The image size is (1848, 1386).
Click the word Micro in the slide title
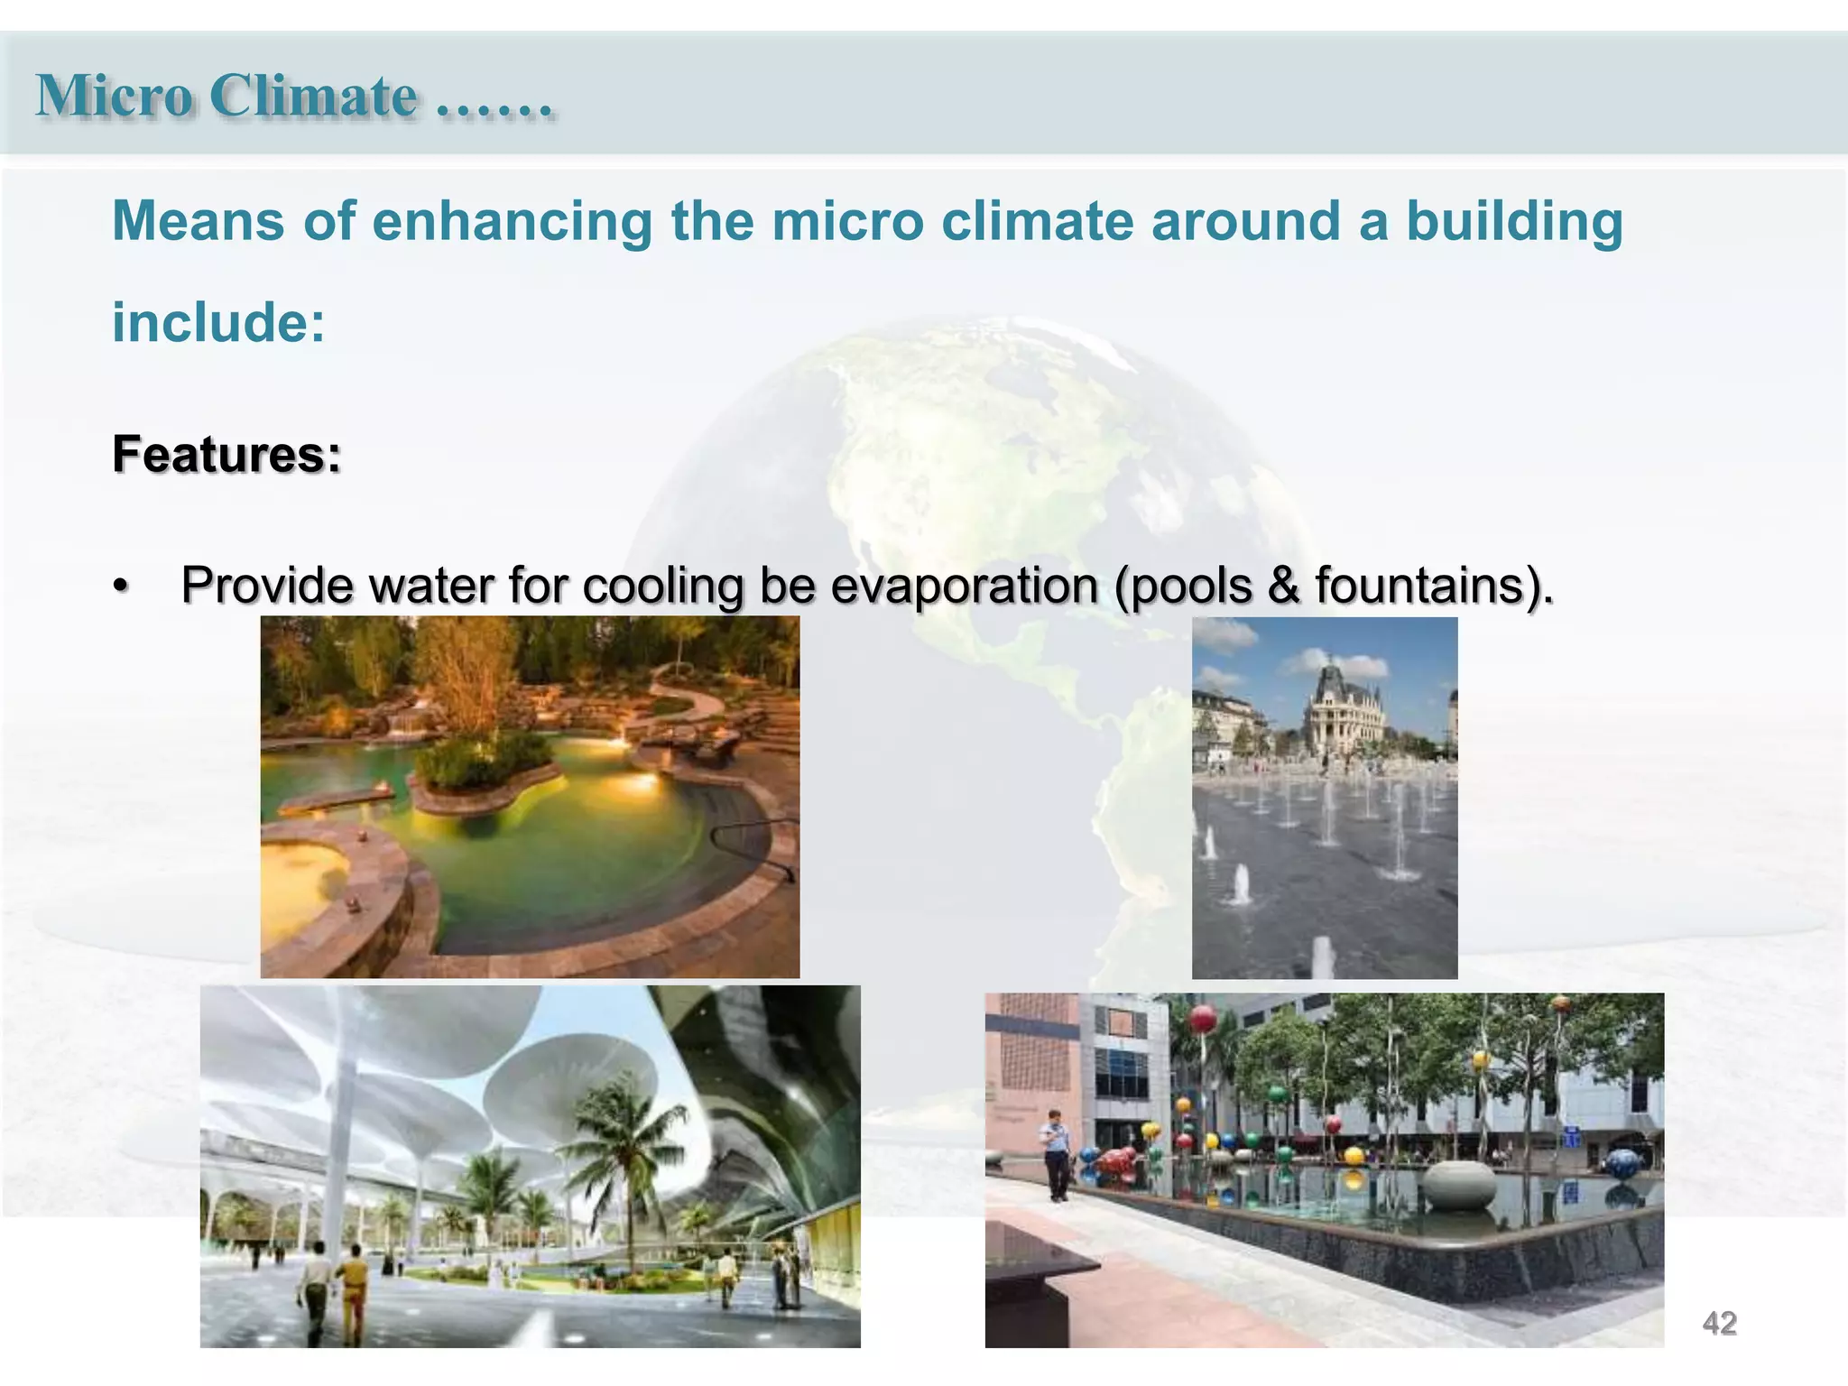(x=114, y=96)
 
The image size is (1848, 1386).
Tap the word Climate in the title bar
(x=313, y=96)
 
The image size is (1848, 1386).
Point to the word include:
(x=218, y=323)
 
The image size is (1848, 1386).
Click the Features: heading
(x=226, y=454)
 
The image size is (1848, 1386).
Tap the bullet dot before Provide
(x=121, y=587)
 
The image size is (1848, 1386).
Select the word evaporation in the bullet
(x=964, y=586)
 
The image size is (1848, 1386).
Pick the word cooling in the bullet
(x=662, y=586)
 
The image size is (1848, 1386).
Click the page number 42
(x=1719, y=1323)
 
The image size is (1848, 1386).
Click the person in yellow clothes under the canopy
(x=354, y=1286)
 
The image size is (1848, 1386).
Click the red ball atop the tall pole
(x=1202, y=1020)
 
